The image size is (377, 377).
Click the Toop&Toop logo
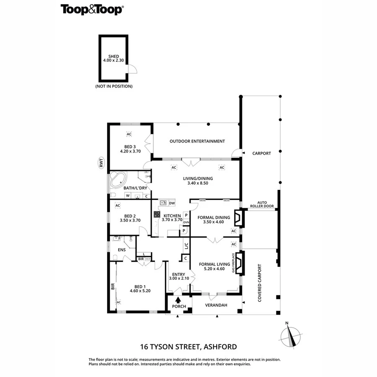(92, 9)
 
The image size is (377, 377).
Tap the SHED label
(114, 56)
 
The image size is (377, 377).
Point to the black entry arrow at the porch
(178, 300)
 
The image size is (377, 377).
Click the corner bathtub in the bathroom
(117, 180)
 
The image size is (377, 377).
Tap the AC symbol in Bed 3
(129, 134)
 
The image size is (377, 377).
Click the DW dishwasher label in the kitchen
(172, 203)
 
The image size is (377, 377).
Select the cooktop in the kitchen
(157, 214)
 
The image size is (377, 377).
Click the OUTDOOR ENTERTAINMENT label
(197, 141)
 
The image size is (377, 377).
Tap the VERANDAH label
(216, 305)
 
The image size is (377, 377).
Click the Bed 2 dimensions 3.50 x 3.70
(129, 220)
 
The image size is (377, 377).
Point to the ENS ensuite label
(121, 250)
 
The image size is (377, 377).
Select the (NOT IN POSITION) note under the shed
(114, 86)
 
